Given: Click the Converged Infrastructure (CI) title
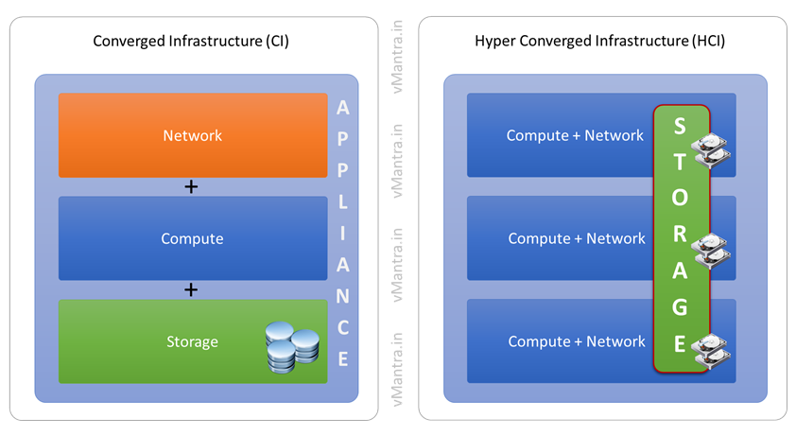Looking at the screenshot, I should [192, 42].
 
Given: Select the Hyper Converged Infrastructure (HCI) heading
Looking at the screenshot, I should [600, 42].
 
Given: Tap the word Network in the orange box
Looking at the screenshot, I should [192, 135].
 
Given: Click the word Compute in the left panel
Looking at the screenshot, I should [192, 238].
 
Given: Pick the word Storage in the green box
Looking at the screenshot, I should [192, 341].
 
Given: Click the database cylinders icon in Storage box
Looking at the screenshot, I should [291, 346].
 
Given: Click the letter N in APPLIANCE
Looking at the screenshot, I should [343, 296].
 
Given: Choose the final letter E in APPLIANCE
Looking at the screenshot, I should [343, 358].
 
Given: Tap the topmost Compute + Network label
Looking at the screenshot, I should [575, 135].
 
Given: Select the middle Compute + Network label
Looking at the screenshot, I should [577, 238].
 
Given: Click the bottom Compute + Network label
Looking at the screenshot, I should [577, 341].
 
